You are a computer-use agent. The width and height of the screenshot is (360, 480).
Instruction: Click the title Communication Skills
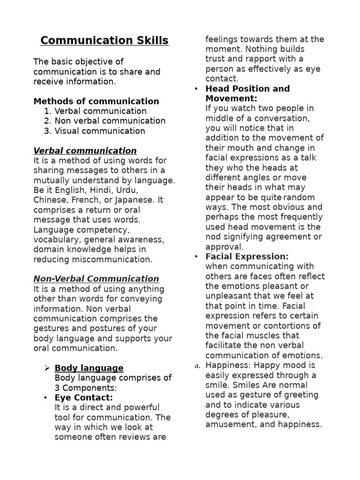point(104,41)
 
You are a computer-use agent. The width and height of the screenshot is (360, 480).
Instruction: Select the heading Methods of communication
point(96,101)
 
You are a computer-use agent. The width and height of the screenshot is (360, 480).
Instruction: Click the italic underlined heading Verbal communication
point(85,151)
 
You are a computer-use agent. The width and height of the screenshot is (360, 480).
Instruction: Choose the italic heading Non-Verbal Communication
point(96,279)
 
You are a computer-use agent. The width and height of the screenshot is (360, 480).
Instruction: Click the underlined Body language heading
point(89,368)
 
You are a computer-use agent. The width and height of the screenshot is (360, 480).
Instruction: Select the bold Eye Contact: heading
point(84,397)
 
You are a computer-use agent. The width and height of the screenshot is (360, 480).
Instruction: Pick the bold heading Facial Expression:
point(247,257)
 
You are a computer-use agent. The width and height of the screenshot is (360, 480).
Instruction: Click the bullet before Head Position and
point(196,89)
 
